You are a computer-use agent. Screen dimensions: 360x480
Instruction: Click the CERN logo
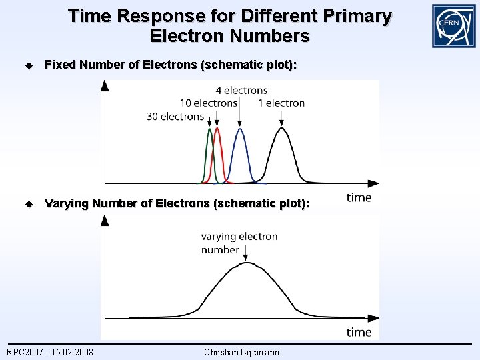pyautogui.click(x=453, y=26)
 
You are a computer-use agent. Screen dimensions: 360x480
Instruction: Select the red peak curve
pyautogui.click(x=217, y=143)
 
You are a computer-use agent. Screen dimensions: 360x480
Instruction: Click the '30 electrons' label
pyautogui.click(x=175, y=117)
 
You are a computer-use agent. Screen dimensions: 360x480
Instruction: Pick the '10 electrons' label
pyautogui.click(x=209, y=103)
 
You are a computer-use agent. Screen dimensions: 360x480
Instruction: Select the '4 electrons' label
pyautogui.click(x=241, y=90)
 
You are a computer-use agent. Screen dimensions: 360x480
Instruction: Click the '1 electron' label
pyautogui.click(x=281, y=103)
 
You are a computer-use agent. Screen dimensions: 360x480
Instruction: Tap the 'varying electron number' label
pyautogui.click(x=239, y=243)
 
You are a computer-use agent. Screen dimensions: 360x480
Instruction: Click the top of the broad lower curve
pyautogui.click(x=247, y=263)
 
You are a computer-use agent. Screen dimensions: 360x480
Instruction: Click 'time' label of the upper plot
pyautogui.click(x=359, y=197)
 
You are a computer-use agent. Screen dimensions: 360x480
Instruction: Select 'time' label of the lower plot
pyautogui.click(x=359, y=331)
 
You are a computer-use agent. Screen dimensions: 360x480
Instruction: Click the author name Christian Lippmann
pyautogui.click(x=241, y=352)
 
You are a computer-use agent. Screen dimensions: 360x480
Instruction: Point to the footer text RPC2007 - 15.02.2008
pyautogui.click(x=50, y=352)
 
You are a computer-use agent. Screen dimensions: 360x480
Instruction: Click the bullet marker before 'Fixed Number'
pyautogui.click(x=28, y=65)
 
